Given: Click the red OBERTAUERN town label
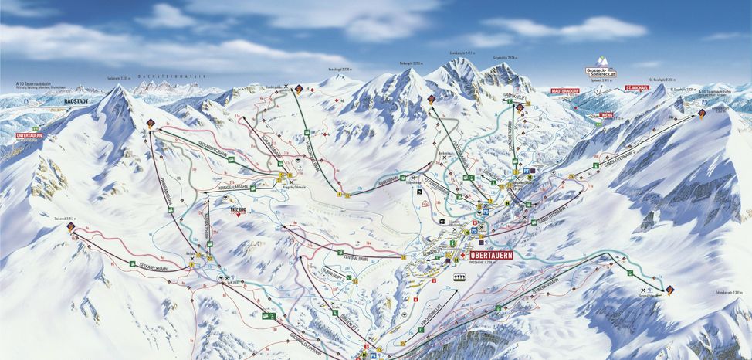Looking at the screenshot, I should tap(492, 255).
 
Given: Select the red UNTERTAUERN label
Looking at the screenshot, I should tap(29, 135).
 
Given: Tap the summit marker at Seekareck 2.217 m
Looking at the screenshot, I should tap(71, 227).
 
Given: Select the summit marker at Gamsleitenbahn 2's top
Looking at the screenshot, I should tap(702, 114).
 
